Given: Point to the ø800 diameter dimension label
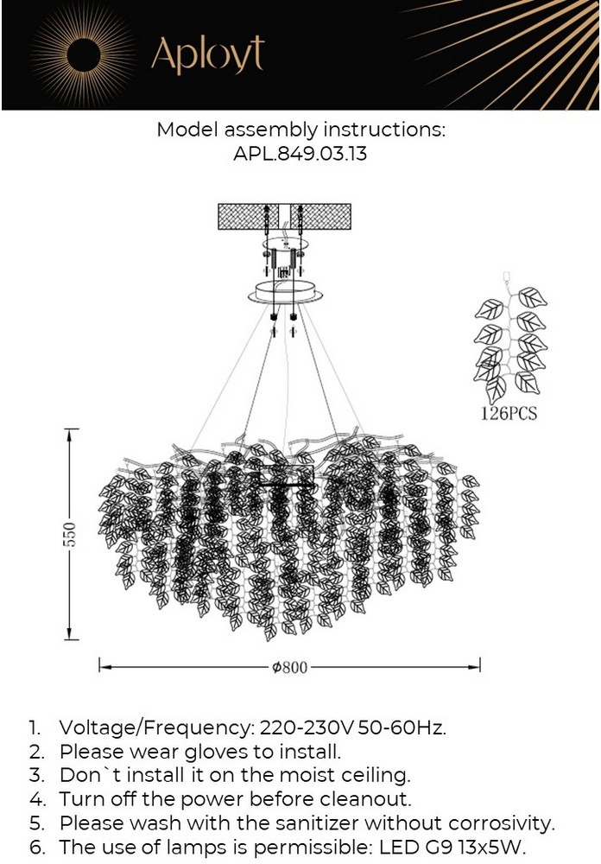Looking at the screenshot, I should pyautogui.click(x=289, y=667).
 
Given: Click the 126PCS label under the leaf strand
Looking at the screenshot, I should pyautogui.click(x=509, y=414).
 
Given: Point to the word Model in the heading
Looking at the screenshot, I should pyautogui.click(x=187, y=130).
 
